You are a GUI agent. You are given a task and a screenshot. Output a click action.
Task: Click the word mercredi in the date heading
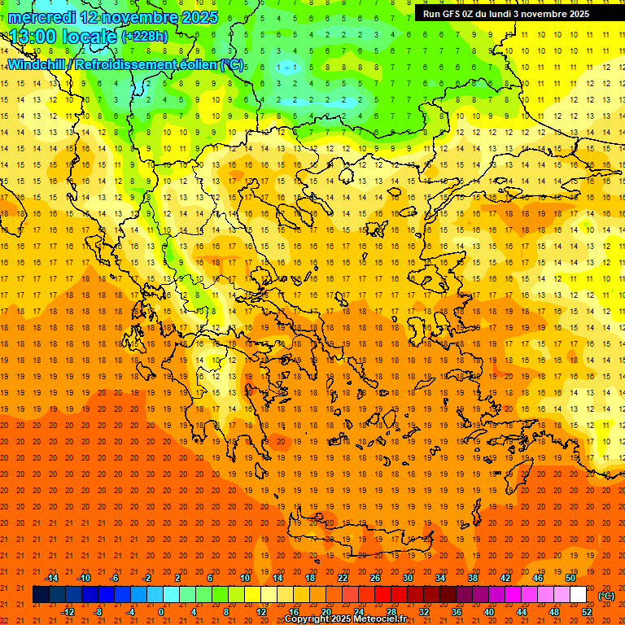pyautogui.click(x=42, y=17)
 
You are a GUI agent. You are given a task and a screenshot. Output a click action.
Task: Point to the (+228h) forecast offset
pyautogui.click(x=145, y=37)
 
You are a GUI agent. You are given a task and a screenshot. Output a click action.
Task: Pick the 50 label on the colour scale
pyautogui.click(x=570, y=578)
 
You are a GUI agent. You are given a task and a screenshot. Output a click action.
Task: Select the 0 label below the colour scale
pyautogui.click(x=161, y=611)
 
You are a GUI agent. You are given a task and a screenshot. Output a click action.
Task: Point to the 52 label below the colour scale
pyautogui.click(x=587, y=611)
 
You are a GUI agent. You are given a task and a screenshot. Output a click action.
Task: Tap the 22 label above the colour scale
pyautogui.click(x=343, y=578)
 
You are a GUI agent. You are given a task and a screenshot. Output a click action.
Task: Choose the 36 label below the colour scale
pyautogui.click(x=457, y=611)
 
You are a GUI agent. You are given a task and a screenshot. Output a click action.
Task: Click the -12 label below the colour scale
pyautogui.click(x=68, y=611)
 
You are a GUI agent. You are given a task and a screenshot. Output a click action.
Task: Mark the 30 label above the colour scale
pyautogui.click(x=408, y=578)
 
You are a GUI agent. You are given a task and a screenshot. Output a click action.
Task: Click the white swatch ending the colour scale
pyautogui.click(x=579, y=595)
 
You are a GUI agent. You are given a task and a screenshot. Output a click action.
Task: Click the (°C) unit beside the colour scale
pyautogui.click(x=606, y=596)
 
